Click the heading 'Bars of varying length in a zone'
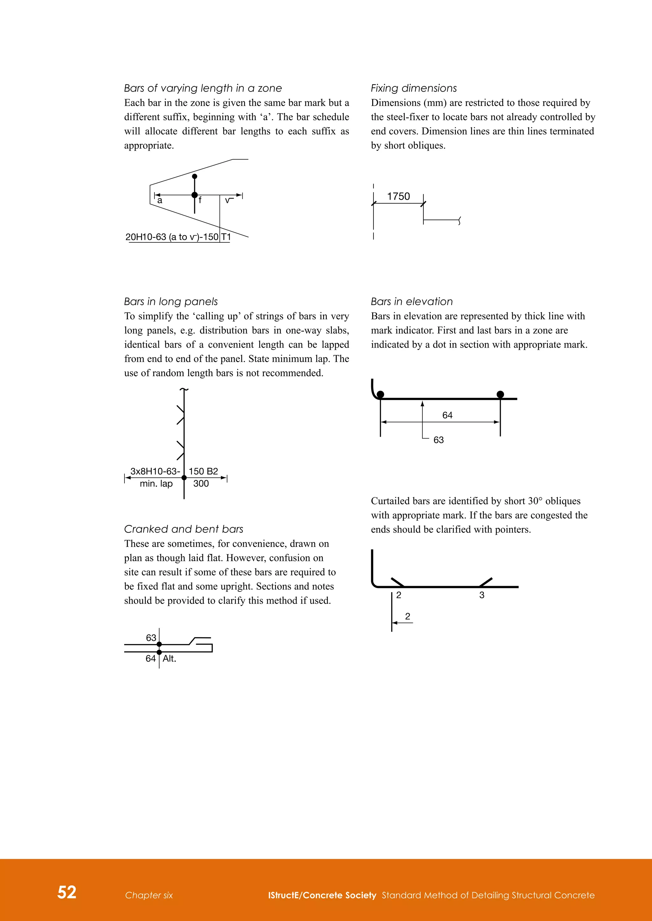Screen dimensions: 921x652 click(x=203, y=88)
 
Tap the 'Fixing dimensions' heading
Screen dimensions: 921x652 click(x=414, y=88)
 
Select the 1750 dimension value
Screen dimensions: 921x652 click(x=398, y=196)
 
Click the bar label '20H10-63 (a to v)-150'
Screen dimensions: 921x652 click(x=172, y=237)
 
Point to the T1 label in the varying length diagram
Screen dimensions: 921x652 click(x=226, y=237)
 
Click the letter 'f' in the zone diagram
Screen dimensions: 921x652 click(x=200, y=200)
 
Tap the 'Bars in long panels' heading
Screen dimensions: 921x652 click(x=171, y=302)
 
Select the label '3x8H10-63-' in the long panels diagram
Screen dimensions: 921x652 click(x=155, y=471)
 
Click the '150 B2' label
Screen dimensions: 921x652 click(x=203, y=471)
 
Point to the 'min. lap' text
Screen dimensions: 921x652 click(x=156, y=484)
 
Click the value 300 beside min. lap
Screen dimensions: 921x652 click(x=201, y=484)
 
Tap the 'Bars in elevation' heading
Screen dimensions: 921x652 click(x=412, y=302)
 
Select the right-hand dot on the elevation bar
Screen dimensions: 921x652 click(x=500, y=394)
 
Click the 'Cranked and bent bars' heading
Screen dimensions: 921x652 click(x=183, y=529)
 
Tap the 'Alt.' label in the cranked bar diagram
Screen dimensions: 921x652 click(x=169, y=659)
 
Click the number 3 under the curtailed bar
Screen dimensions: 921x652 click(x=482, y=595)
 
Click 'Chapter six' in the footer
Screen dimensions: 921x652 click(x=149, y=895)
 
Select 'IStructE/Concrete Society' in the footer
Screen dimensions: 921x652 click(x=322, y=895)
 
